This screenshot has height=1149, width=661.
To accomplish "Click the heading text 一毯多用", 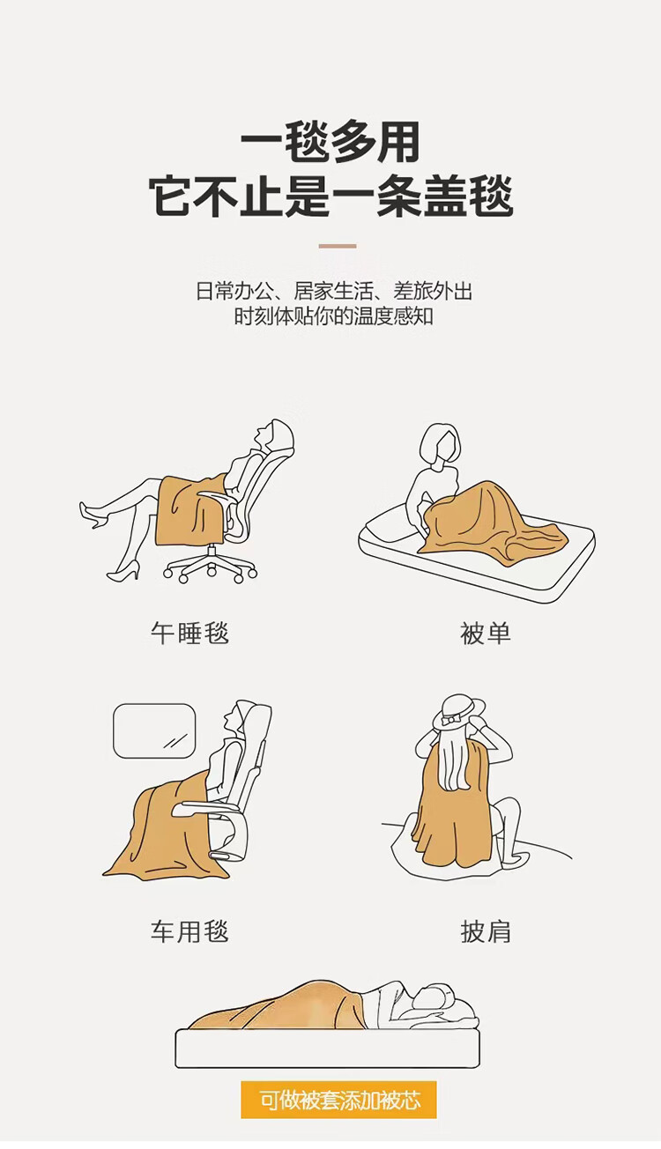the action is [330, 142].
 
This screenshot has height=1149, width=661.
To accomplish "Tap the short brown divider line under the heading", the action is [338, 246].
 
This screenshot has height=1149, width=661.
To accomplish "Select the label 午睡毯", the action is [189, 633].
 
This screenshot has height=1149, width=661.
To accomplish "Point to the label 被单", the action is [486, 633].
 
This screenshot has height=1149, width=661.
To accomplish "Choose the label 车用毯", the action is [189, 931].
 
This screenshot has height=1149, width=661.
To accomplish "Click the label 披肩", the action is [486, 931].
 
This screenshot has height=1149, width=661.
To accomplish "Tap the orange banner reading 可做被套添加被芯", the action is [338, 1100].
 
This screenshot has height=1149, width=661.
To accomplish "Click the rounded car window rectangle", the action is [154, 731].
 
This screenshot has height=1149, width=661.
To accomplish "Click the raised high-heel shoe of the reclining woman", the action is [91, 514].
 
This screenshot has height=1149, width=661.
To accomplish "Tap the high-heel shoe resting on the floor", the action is [123, 571].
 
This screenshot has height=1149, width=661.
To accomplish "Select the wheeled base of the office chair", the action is [211, 567].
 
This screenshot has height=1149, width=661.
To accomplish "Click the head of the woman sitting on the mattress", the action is [440, 443].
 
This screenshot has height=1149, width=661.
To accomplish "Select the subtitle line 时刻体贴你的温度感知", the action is [333, 316].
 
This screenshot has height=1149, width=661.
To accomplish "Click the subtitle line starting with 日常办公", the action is [333, 291].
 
